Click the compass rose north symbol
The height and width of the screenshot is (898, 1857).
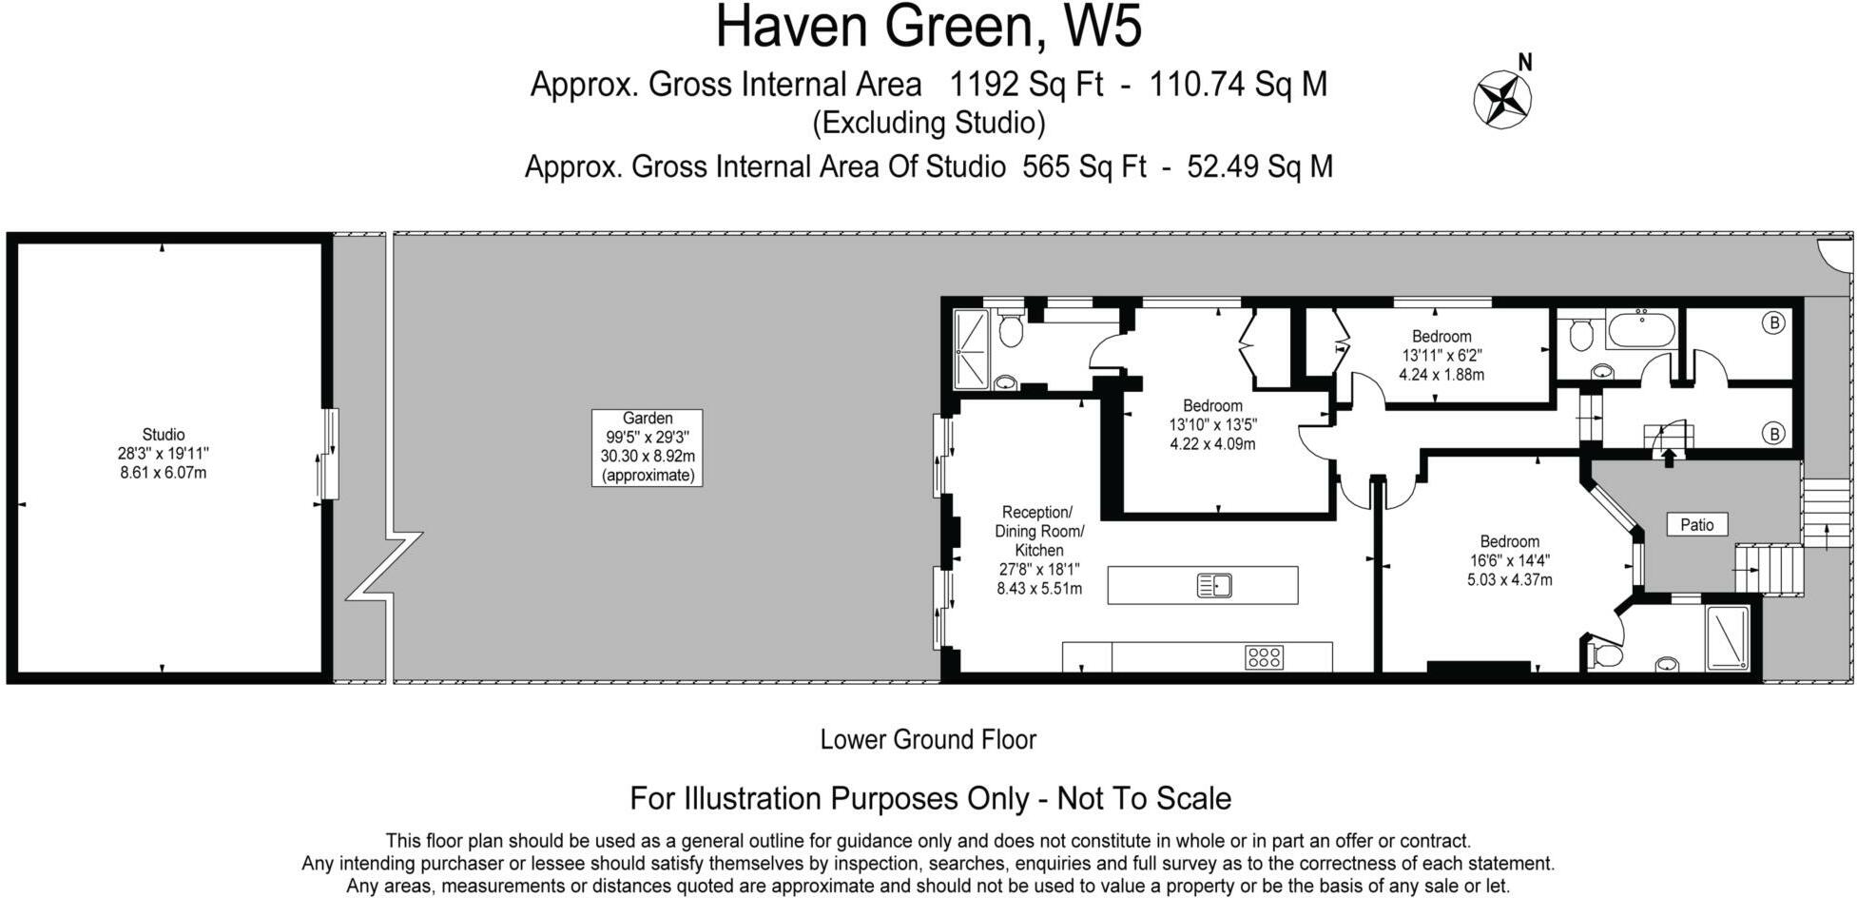pyautogui.click(x=1502, y=99)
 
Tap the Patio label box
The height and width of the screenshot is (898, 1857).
pyautogui.click(x=1696, y=524)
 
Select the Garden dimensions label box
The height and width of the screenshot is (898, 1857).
pyautogui.click(x=647, y=447)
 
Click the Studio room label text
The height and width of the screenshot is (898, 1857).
pyautogui.click(x=163, y=453)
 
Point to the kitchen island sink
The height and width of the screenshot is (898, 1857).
pyautogui.click(x=1214, y=585)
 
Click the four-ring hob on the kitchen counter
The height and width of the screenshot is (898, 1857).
pyautogui.click(x=1264, y=656)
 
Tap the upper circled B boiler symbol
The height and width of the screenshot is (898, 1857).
pyautogui.click(x=1773, y=323)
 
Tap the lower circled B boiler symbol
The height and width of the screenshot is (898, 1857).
pyautogui.click(x=1773, y=434)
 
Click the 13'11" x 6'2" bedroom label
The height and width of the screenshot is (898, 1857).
pyautogui.click(x=1441, y=355)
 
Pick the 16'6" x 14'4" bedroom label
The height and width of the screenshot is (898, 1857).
pyautogui.click(x=1509, y=560)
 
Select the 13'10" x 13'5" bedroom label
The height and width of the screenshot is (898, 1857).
pyautogui.click(x=1212, y=424)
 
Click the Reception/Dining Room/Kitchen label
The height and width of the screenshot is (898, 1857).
pyautogui.click(x=1038, y=550)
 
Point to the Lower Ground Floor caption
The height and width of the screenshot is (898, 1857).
pyautogui.click(x=928, y=739)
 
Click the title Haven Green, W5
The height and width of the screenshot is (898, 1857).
pyautogui.click(x=928, y=27)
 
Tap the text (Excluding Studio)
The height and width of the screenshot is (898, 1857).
pyautogui.click(x=928, y=123)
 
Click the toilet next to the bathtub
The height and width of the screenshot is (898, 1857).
pyautogui.click(x=1581, y=334)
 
